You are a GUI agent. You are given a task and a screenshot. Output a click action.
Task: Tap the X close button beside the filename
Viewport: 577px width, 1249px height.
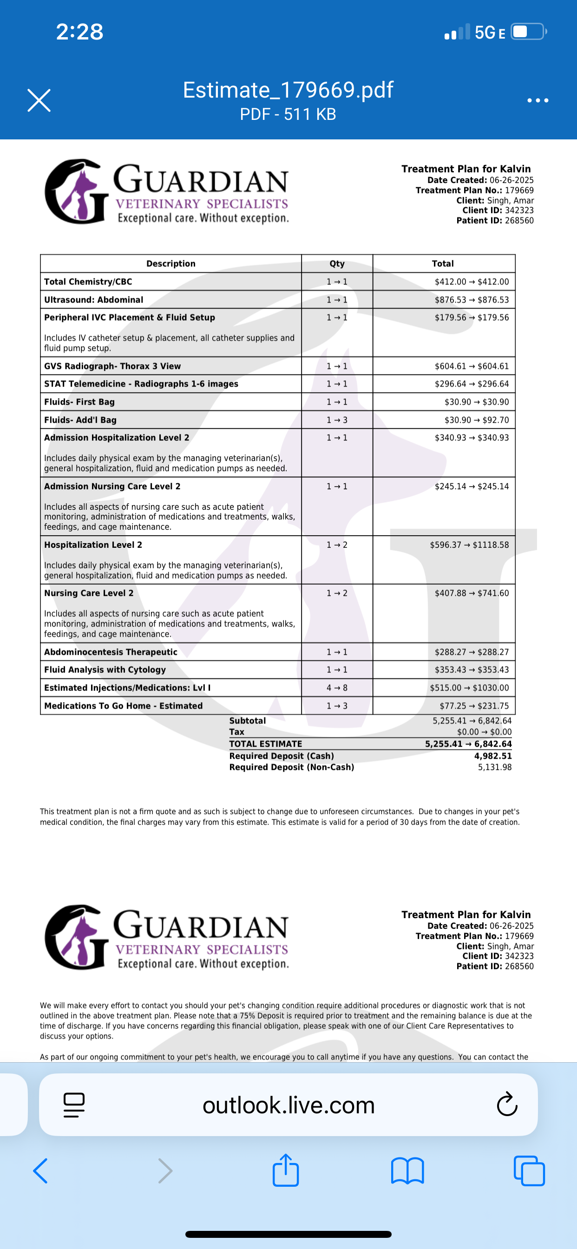[x=39, y=100]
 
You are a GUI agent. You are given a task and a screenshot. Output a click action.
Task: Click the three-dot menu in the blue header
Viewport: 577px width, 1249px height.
[x=538, y=100]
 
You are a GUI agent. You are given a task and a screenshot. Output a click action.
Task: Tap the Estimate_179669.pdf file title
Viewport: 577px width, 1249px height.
[x=288, y=90]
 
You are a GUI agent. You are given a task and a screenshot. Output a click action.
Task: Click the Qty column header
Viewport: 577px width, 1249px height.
[x=337, y=264]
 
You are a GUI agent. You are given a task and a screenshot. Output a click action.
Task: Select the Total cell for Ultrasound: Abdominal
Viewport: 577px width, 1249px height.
[x=471, y=300]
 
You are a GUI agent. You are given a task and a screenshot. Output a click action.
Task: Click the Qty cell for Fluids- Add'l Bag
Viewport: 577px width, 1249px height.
[x=337, y=420]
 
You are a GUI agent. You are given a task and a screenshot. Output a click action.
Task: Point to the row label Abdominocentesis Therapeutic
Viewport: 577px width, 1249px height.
[x=111, y=652]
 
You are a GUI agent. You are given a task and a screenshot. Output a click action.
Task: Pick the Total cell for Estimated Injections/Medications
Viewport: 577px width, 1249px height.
[x=469, y=688]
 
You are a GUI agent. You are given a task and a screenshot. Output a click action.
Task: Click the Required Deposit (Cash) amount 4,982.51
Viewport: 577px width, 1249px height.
[x=492, y=756]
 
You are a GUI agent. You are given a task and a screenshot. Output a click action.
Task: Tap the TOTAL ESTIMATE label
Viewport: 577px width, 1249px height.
[x=266, y=744]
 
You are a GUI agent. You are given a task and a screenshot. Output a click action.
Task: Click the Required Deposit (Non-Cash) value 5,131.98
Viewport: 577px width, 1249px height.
[x=495, y=767]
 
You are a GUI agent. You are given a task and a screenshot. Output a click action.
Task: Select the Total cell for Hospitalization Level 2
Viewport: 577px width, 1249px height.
[x=469, y=545]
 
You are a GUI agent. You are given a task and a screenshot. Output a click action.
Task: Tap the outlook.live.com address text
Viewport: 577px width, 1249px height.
[x=288, y=1105]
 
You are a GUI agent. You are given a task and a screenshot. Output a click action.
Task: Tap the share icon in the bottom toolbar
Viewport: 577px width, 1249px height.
[x=286, y=1170]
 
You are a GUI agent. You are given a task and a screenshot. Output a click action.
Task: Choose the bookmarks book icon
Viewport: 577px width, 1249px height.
[x=407, y=1170]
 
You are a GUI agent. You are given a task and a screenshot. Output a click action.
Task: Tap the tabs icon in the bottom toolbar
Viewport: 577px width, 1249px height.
[x=529, y=1170]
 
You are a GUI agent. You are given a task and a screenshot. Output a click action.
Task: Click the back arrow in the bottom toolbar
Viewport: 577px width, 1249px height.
[x=41, y=1170]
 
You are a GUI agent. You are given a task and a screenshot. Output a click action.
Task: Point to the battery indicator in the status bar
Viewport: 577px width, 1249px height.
[x=529, y=32]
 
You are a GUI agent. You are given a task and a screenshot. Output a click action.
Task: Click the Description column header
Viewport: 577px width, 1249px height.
[x=170, y=264]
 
